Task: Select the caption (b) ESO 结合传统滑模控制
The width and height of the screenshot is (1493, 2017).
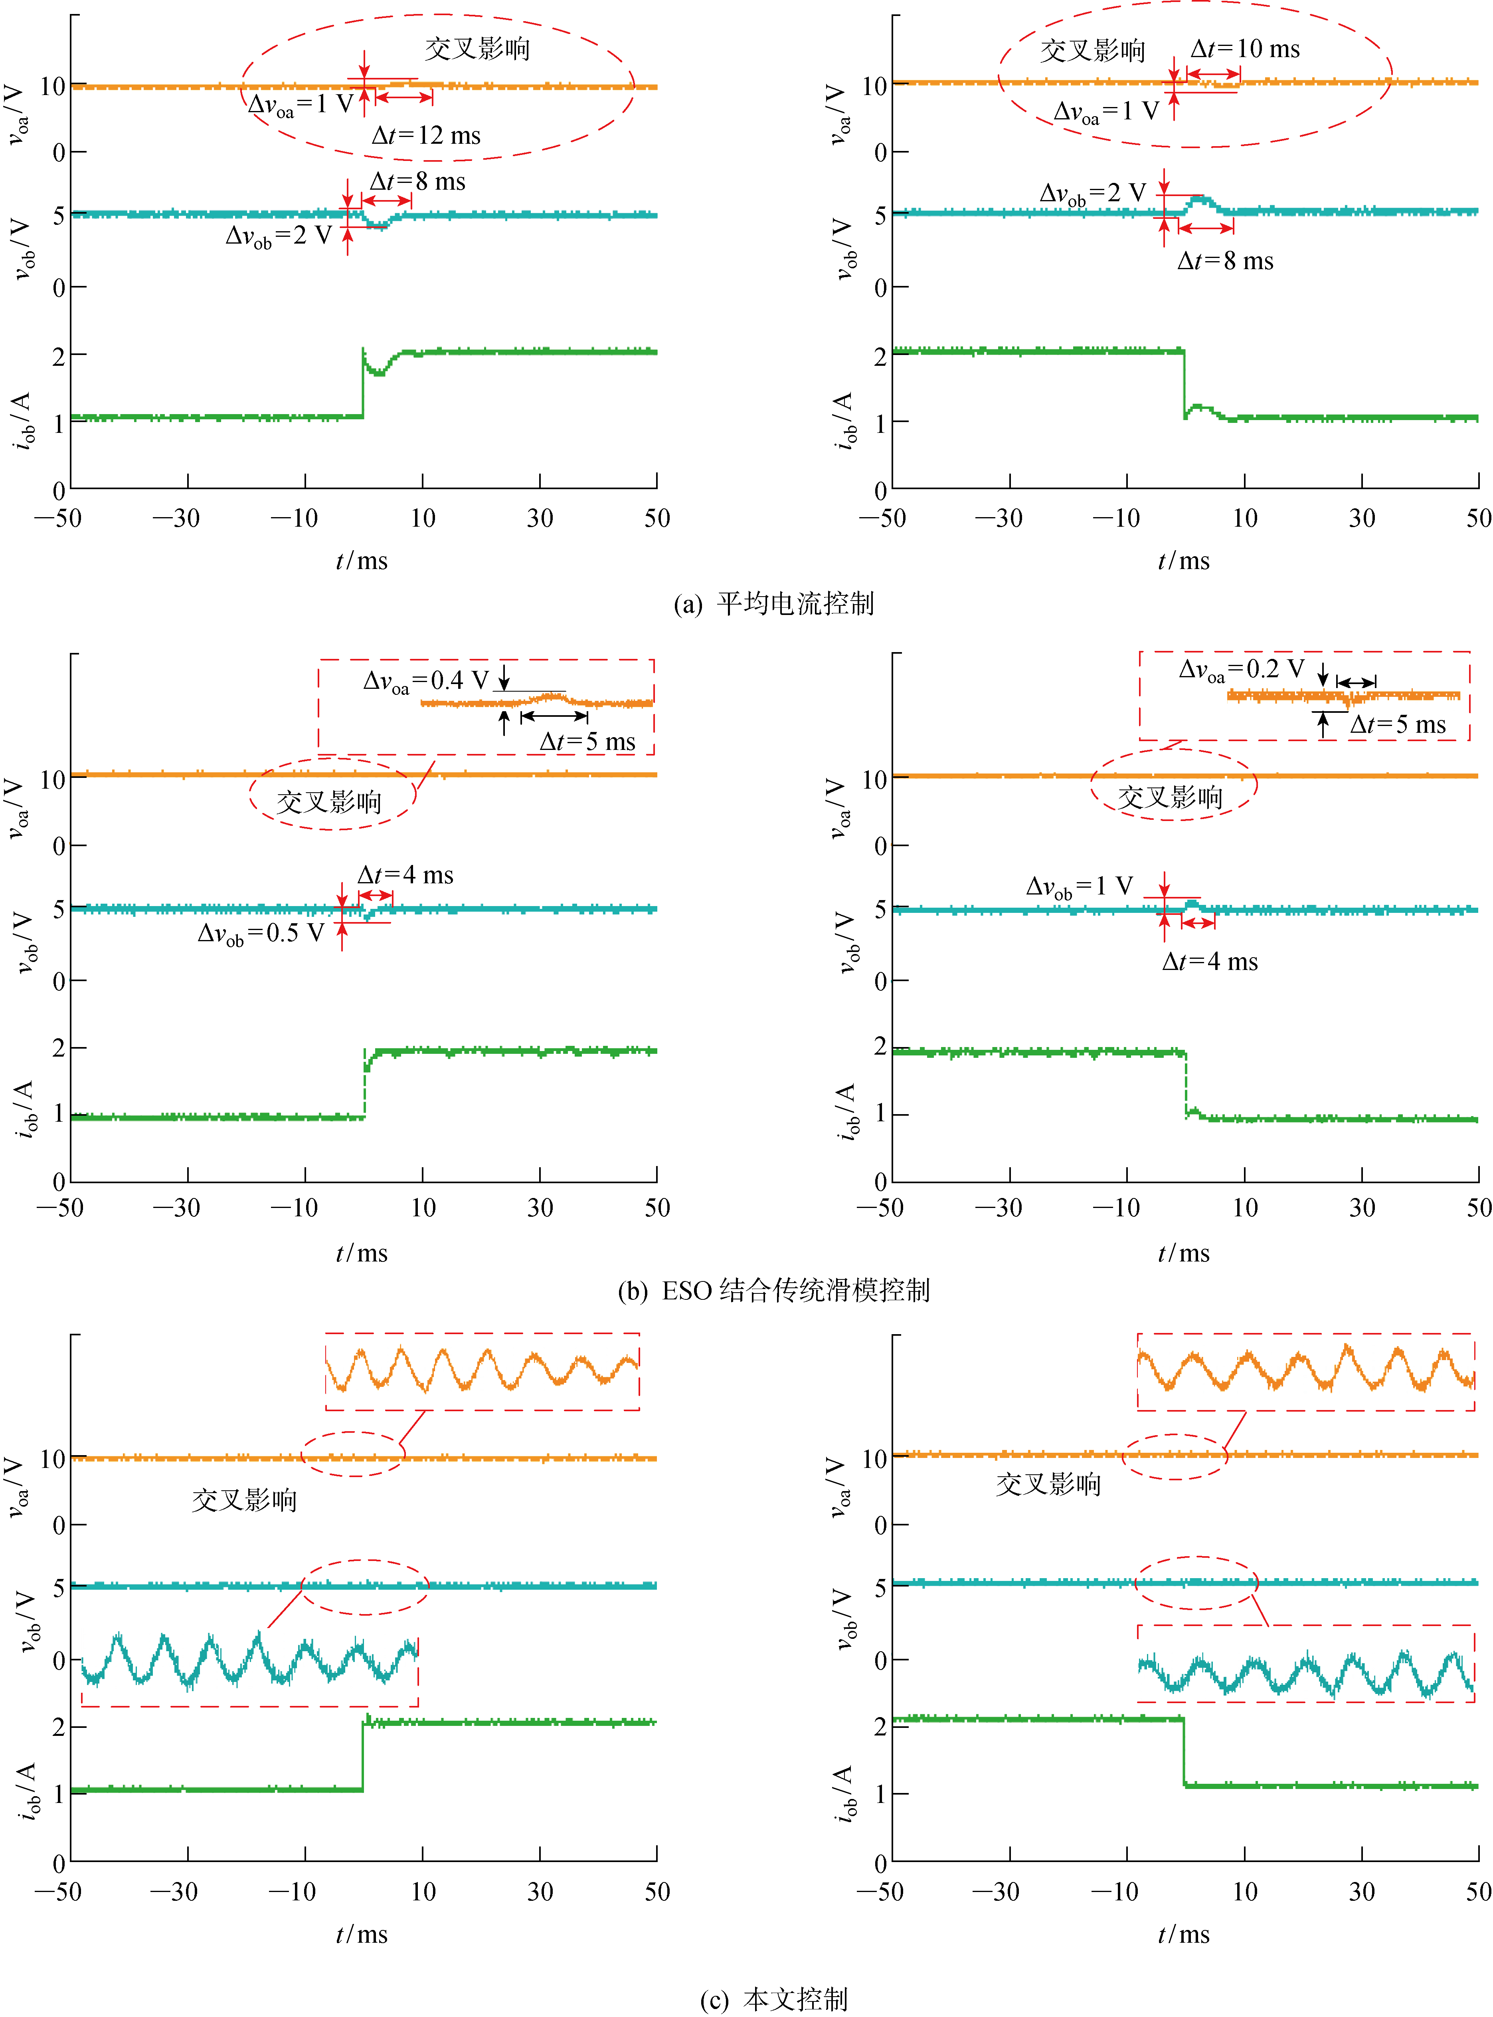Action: point(773,1290)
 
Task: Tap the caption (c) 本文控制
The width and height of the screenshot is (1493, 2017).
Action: point(773,1999)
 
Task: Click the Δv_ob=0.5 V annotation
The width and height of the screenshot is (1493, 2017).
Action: point(260,933)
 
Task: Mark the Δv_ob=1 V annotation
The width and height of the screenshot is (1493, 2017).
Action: point(1079,886)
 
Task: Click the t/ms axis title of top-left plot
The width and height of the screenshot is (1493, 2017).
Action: point(362,561)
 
